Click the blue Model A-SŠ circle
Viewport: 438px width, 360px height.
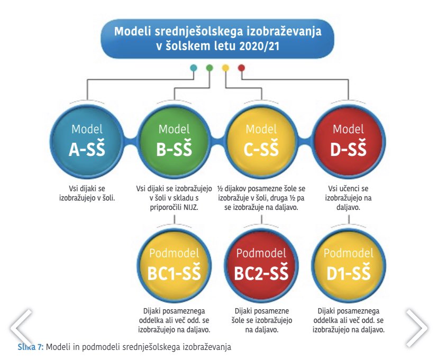(x=87, y=141)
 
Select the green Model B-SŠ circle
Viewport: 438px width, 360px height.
(x=174, y=141)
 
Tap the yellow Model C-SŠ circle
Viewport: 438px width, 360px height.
(x=261, y=141)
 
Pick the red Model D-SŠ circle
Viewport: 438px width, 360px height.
(x=348, y=141)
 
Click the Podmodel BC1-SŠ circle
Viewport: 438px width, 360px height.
(x=174, y=265)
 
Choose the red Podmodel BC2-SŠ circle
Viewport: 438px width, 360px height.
(x=261, y=265)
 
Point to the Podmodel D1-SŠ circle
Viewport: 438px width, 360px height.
(x=348, y=265)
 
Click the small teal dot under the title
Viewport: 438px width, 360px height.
(x=193, y=68)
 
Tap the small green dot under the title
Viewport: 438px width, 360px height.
(x=209, y=68)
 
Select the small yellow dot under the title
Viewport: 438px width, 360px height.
(x=225, y=68)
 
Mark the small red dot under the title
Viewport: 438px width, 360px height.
(x=242, y=68)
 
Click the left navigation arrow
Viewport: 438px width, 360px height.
(x=22, y=328)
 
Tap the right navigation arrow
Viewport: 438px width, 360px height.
(x=416, y=328)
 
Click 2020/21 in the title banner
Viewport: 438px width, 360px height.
(x=259, y=46)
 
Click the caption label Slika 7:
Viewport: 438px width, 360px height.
(x=31, y=347)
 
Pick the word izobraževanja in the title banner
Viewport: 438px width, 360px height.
(x=284, y=32)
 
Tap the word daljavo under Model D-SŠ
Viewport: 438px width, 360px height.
(x=348, y=207)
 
